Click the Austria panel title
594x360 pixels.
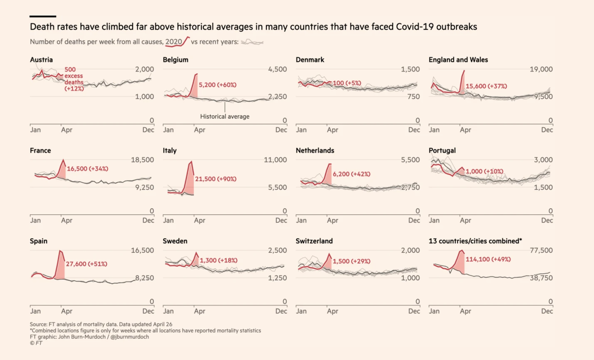[41, 60]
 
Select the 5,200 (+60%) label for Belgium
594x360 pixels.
[217, 85]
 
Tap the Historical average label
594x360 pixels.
[225, 116]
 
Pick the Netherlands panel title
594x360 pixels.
[315, 151]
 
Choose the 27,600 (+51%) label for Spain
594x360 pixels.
[86, 264]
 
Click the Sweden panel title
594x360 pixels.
[175, 241]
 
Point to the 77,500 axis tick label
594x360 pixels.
[541, 251]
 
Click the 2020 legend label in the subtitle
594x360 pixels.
[174, 42]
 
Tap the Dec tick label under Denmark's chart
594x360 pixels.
[414, 130]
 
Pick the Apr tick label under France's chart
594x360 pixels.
[66, 221]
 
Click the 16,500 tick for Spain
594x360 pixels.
[142, 251]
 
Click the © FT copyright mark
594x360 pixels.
[36, 343]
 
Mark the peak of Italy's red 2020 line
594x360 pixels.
[191, 161]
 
